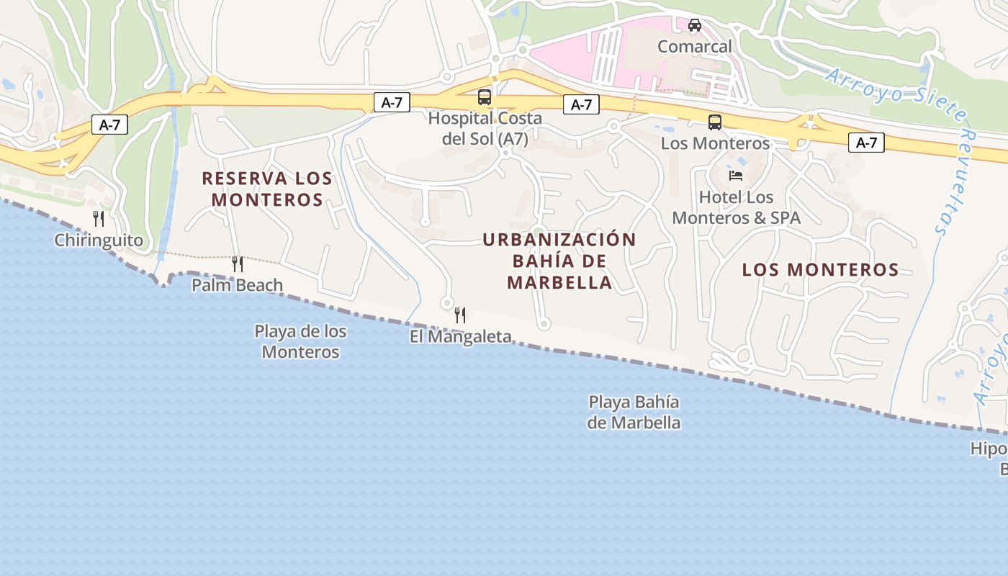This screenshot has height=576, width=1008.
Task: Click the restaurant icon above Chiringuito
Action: point(99,219)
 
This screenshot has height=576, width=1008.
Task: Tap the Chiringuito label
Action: point(99,240)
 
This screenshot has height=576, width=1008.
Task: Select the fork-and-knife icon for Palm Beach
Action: point(238,264)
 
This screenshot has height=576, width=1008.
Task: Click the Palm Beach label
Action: point(237,286)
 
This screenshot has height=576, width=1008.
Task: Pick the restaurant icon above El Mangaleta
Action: point(460,315)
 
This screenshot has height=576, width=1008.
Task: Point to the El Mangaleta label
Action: point(461,336)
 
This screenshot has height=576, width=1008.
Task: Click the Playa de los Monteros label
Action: point(300,342)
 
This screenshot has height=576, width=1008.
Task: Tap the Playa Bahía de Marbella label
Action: point(634,412)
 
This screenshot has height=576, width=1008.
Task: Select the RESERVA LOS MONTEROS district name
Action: point(266,189)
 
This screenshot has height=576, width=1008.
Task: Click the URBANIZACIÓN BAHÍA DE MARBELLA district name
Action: point(559,261)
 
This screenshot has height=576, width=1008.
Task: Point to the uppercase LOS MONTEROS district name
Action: point(820,270)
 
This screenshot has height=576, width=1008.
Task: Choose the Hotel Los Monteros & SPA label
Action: point(736,207)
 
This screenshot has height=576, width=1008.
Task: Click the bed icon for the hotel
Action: point(736,176)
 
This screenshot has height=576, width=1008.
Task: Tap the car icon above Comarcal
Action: point(695,25)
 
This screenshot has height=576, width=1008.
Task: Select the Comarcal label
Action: point(695,47)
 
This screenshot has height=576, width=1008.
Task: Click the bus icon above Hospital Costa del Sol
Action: point(485,97)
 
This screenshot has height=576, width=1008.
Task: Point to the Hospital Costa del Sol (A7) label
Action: point(485,128)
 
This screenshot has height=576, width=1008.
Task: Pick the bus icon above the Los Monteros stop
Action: point(715,122)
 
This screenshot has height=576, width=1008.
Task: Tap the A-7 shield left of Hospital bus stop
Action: point(392,103)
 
